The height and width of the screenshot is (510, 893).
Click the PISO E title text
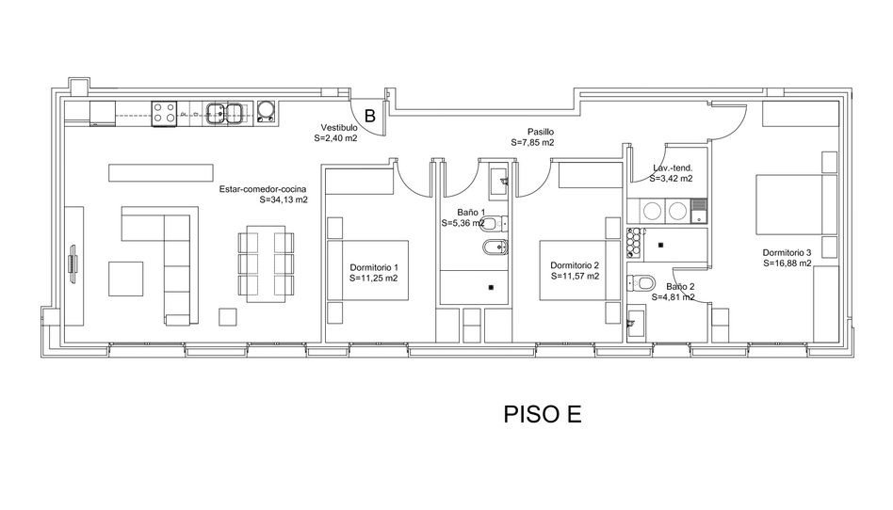543,414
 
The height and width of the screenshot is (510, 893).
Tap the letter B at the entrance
370,116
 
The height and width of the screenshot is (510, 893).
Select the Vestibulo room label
339,128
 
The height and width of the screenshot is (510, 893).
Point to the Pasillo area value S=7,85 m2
532,142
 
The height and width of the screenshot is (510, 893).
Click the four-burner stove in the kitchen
164,113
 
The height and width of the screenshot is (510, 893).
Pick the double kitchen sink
226,113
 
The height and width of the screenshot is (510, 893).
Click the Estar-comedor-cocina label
263,189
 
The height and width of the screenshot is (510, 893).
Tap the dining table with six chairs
266,263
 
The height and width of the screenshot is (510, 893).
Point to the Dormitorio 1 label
374,267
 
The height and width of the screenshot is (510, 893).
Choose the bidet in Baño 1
495,247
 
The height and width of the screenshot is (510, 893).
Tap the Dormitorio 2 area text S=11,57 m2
575,276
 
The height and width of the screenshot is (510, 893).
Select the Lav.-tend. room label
673,167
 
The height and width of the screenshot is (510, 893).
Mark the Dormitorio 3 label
787,253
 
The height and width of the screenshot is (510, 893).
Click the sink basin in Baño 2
635,323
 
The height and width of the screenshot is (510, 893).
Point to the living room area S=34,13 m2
283,199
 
